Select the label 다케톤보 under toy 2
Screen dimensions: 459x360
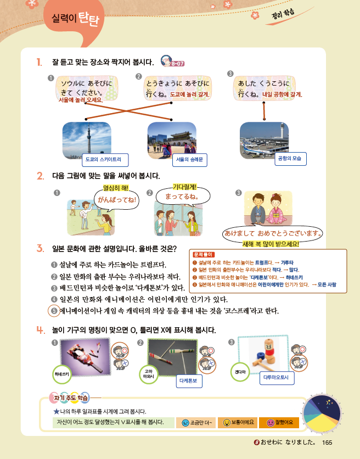click(191, 379)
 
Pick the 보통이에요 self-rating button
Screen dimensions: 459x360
click(238, 422)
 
